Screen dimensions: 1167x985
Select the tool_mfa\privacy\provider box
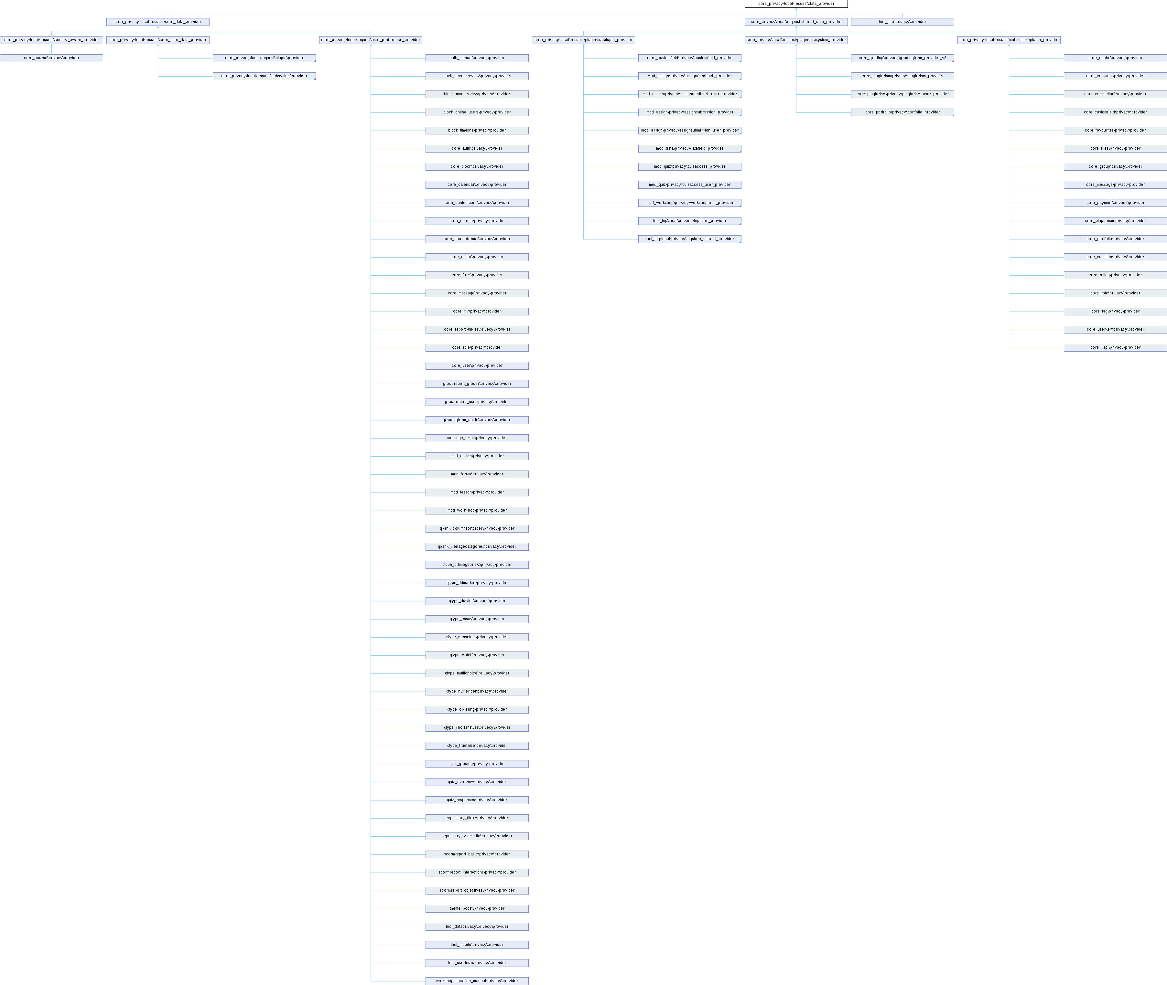click(x=902, y=22)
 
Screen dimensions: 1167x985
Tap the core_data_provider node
click(x=157, y=22)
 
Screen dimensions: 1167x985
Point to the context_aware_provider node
click(x=51, y=40)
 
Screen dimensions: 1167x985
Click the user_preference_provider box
click(x=370, y=40)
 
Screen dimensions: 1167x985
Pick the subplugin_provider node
click(x=583, y=40)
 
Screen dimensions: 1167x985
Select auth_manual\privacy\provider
click(x=477, y=58)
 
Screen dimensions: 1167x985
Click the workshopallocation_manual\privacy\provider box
click(x=477, y=980)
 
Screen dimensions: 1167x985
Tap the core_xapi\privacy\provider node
click(x=1115, y=347)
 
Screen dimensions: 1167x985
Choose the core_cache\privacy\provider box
click(x=1115, y=58)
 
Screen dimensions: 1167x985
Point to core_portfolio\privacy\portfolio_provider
click(x=902, y=112)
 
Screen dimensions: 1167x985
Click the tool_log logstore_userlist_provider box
click(x=689, y=239)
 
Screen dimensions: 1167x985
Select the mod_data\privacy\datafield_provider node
click(x=689, y=149)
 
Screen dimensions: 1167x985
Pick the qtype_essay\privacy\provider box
click(x=477, y=619)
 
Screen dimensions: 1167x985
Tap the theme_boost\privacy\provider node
click(x=477, y=908)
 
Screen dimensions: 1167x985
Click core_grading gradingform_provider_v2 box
click(x=902, y=58)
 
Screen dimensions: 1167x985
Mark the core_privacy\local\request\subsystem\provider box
click(x=264, y=76)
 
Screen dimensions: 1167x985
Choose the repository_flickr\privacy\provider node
click(x=477, y=818)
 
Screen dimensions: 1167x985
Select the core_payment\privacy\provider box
click(x=1115, y=203)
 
